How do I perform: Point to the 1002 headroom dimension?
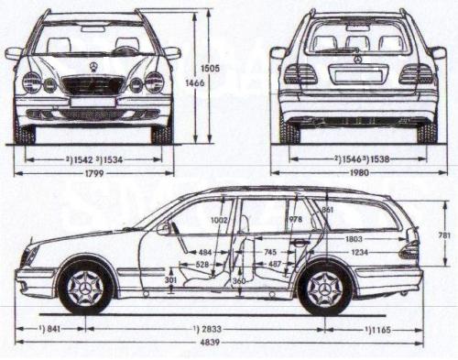pyautogui.click(x=218, y=221)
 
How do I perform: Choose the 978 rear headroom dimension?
pyautogui.click(x=295, y=221)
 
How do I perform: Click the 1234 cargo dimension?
pyautogui.click(x=359, y=252)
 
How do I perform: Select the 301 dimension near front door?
pyautogui.click(x=170, y=279)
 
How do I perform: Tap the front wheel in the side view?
pyautogui.click(x=85, y=287)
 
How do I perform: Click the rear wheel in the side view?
pyautogui.click(x=324, y=289)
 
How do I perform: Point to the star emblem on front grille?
pyautogui.click(x=93, y=67)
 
